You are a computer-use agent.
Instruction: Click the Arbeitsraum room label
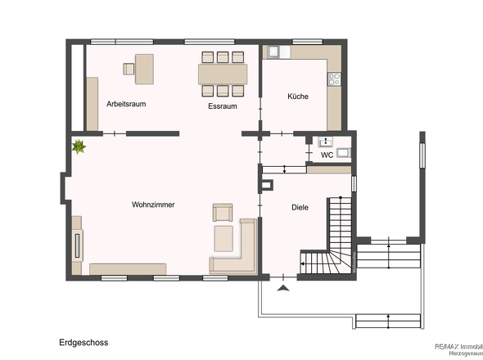[x=126, y=104]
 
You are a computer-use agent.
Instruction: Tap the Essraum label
[x=223, y=106]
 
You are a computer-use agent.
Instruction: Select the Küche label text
[x=297, y=97]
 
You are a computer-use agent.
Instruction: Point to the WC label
[x=327, y=154]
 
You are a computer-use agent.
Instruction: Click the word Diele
[x=300, y=207]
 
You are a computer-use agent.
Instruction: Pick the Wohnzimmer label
[x=153, y=205]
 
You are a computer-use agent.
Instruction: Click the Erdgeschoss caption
[x=84, y=343]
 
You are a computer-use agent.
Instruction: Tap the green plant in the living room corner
[x=79, y=147]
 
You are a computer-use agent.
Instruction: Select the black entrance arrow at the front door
[x=284, y=288]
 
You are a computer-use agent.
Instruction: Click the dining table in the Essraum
[x=222, y=74]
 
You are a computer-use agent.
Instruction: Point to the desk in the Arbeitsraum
[x=145, y=68]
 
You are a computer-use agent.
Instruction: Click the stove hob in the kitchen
[x=333, y=79]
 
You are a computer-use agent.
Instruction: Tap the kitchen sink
[x=273, y=52]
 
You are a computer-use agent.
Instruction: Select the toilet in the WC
[x=323, y=142]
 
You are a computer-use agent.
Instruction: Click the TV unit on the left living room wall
[x=78, y=245]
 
